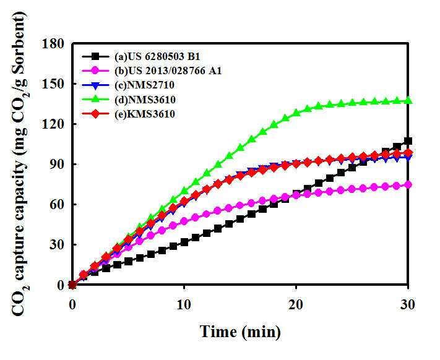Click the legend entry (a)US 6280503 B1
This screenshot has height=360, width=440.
coord(157,57)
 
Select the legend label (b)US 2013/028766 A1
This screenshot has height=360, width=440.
coord(168,71)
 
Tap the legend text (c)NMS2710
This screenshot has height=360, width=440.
coord(144,85)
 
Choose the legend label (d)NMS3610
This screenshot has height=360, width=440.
coord(145,100)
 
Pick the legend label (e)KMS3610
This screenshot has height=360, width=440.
coord(145,114)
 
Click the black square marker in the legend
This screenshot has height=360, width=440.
coord(95,57)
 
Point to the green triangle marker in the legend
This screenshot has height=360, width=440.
coord(95,99)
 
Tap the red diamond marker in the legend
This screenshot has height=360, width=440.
coord(95,114)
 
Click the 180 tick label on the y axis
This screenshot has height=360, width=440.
coord(53,44)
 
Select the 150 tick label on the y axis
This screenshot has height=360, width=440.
coord(53,84)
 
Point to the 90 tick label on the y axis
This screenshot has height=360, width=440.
coord(57,165)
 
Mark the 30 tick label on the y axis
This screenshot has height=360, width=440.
coord(57,245)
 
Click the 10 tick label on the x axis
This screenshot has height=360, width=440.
coord(184,304)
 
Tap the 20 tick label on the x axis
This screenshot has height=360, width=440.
coord(296,304)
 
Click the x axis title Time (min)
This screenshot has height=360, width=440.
coord(240,332)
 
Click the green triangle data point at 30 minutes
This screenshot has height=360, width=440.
coord(408,100)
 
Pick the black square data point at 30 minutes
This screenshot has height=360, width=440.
coord(408,141)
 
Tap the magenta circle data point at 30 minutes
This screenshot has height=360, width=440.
coord(408,185)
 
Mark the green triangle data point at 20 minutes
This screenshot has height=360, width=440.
coord(296,113)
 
